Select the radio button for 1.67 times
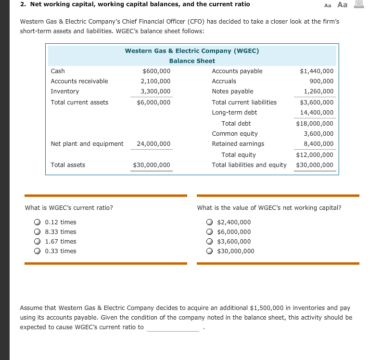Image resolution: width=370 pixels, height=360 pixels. tap(37, 242)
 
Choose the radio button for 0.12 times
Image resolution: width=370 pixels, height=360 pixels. tap(37, 222)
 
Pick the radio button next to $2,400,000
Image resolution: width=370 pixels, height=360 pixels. tap(210, 222)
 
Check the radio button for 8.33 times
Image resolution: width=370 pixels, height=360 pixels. tap(37, 232)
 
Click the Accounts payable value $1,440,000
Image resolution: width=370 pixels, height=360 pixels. tap(316, 71)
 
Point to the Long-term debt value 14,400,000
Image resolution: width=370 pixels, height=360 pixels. tap(316, 113)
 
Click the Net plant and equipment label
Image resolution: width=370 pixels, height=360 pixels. tap(87, 143)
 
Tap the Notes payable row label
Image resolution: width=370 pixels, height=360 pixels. tap(232, 91)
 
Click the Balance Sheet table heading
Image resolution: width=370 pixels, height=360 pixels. tap(192, 61)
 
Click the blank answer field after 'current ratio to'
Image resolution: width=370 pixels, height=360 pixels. tap(173, 328)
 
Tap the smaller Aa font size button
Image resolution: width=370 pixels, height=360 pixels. tap(328, 5)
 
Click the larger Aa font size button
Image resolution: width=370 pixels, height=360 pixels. tap(342, 5)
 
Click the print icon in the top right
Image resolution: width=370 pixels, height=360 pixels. tap(357, 5)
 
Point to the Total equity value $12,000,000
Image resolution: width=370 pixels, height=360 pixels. tap(315, 155)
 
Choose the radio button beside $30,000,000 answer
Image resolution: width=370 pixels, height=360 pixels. tap(210, 251)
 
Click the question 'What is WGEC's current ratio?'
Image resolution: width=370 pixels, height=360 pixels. tap(69, 208)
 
